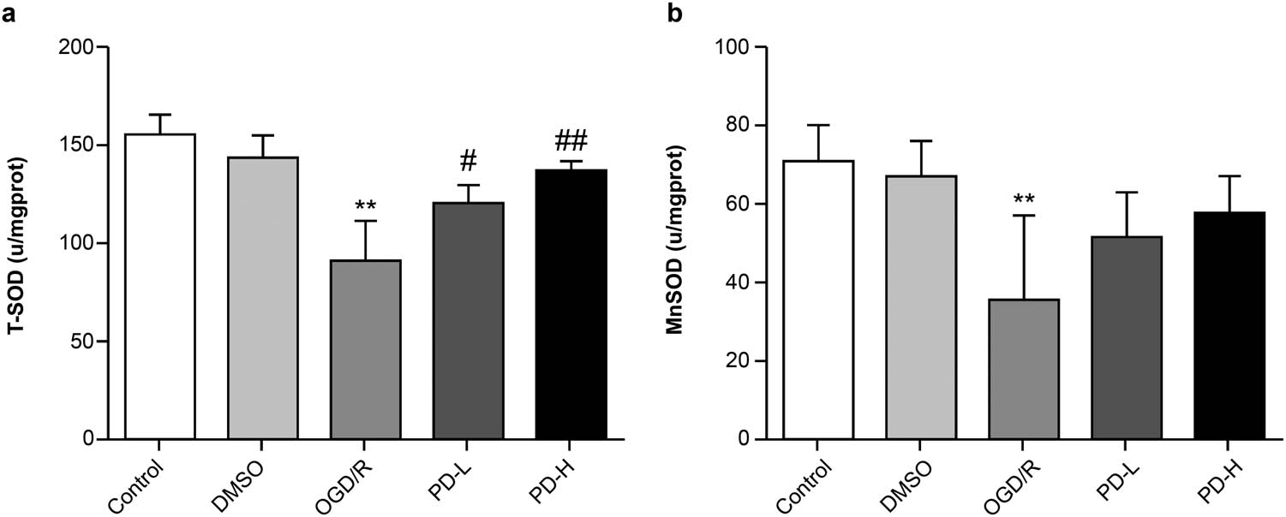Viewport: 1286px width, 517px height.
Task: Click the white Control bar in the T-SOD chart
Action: coord(159,287)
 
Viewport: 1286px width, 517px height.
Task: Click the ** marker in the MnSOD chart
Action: coord(1023,199)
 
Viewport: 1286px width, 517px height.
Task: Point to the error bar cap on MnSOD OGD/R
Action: coord(1023,215)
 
